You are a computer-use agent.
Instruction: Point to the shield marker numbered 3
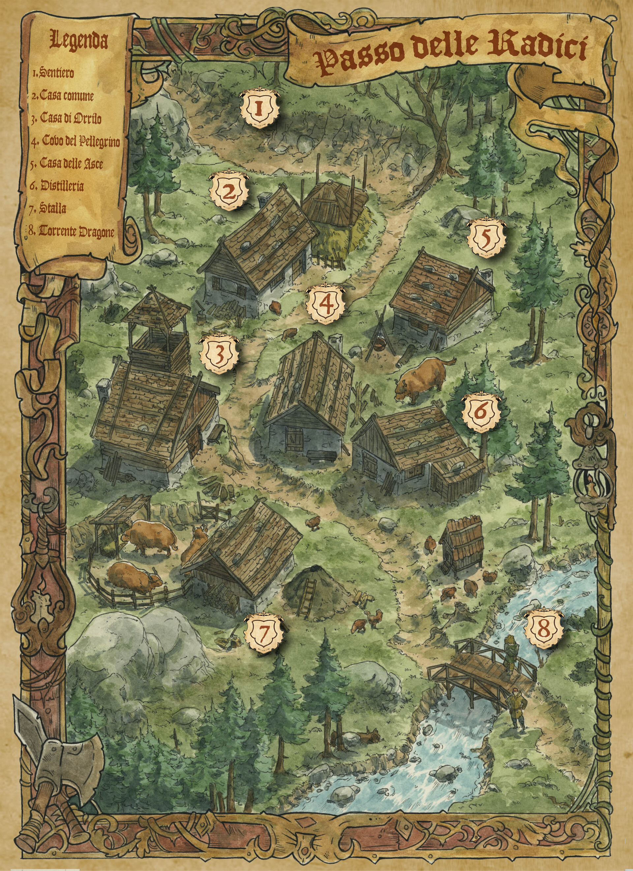tap(219, 354)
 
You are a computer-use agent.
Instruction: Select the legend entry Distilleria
tap(57, 186)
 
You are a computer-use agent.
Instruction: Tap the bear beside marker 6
tap(423, 378)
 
